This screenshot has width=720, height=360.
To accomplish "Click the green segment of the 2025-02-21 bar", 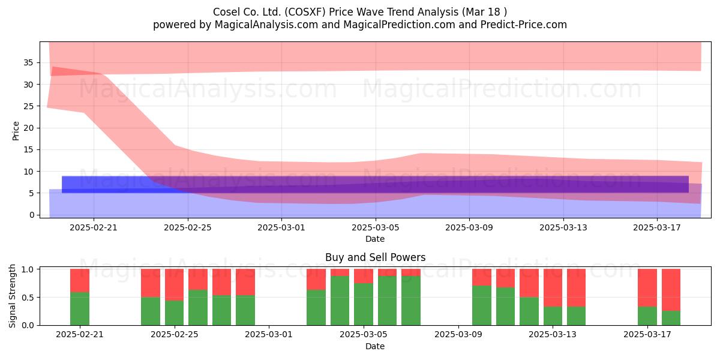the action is pos(80,308).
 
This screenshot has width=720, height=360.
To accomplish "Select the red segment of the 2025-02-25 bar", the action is pos(174,285).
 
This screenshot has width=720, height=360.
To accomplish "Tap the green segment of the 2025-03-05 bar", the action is pos(364,304).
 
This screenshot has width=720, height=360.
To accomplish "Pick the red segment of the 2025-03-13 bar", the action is pos(553,287).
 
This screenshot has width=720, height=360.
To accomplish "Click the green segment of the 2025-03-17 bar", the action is pos(647,316).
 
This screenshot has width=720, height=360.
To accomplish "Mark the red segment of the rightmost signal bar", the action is pos(671,290).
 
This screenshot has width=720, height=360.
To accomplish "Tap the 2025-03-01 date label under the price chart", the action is pos(281,227).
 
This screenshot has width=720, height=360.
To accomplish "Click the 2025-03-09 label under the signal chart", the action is pos(458,335).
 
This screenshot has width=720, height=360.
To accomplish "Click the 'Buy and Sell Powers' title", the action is pos(375,257).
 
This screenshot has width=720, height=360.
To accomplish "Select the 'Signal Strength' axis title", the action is pos(12,296).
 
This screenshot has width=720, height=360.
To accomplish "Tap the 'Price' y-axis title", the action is pos(16,131).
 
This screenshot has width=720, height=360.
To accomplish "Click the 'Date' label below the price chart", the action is pos(375,239).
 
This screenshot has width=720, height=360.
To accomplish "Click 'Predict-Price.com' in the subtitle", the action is pos(524,25).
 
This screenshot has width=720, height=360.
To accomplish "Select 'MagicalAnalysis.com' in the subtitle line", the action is pos(266,25).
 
